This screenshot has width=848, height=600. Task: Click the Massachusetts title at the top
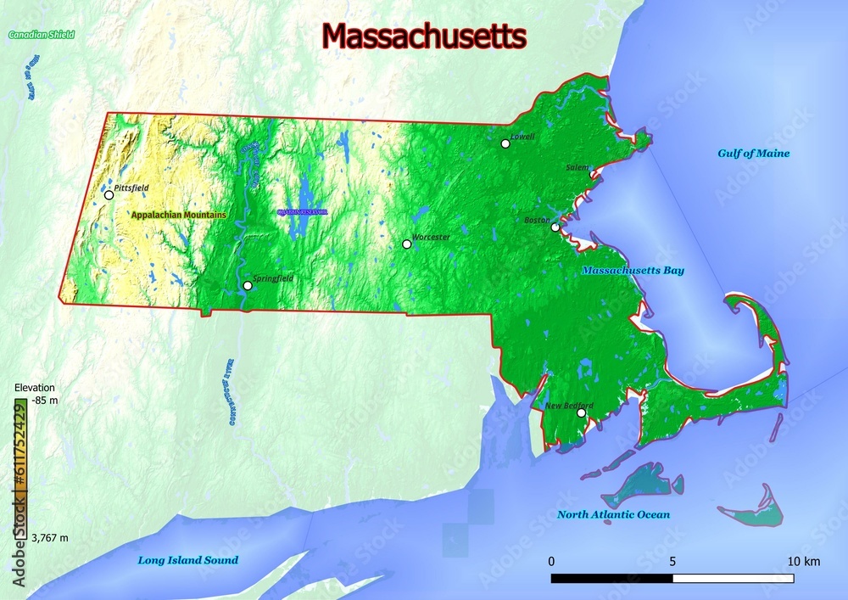pos(424,36)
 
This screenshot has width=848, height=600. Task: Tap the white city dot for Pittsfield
pos(109,195)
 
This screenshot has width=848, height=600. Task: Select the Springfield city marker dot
pos(248,285)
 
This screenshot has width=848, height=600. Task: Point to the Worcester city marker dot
pos(407,244)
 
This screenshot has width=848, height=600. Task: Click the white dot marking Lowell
pos(505,143)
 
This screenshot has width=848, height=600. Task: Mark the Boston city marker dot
pos(555,227)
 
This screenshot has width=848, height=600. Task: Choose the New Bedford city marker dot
pos(582,413)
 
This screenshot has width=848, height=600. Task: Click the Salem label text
pos(577,168)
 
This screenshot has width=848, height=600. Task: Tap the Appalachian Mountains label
pos(178,216)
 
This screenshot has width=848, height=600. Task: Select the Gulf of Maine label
pos(754,154)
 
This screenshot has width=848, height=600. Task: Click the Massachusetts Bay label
pos(633,271)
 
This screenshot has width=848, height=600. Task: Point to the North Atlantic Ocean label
pos(613,514)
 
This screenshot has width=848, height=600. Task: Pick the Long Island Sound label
pos(188,560)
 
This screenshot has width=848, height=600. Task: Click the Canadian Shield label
pos(42,35)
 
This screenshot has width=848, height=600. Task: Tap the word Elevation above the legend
pos(35,388)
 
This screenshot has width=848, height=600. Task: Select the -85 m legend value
pos(44,399)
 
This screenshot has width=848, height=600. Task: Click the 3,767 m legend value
pos(50,538)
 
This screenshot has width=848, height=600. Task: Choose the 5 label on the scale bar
pos(672,562)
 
